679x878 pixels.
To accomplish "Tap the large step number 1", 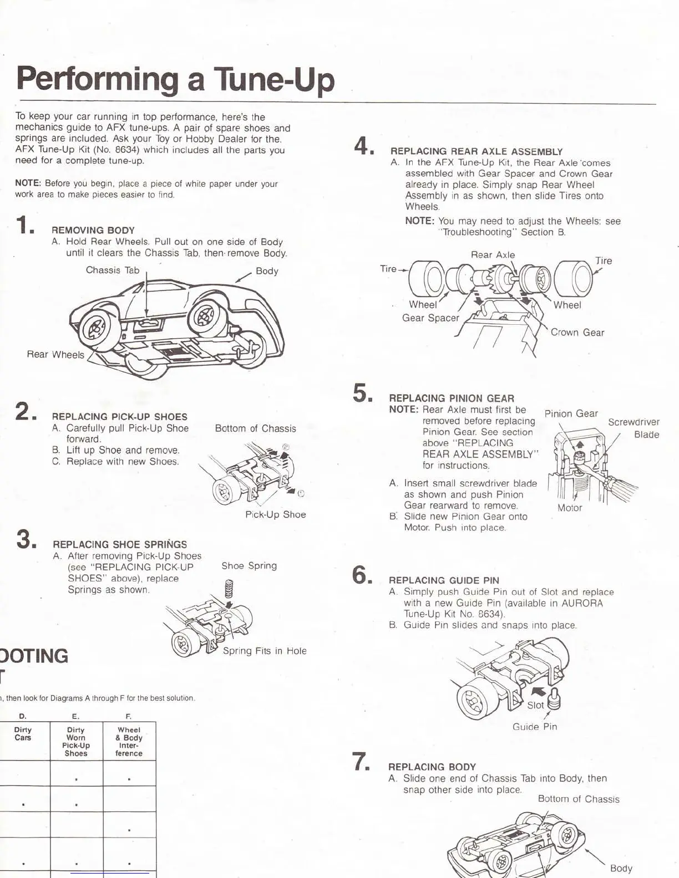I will click(26, 226).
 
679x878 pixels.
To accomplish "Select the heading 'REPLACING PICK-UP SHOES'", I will click(119, 417).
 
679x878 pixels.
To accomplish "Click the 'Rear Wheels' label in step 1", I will click(55, 354).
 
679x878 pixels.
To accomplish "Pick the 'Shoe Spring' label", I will click(249, 566).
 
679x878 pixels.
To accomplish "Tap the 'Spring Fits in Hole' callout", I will click(265, 651).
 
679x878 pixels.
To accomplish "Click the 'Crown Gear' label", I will click(577, 333).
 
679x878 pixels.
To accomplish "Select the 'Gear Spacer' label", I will click(430, 318).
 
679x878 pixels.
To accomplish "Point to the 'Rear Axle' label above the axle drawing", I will click(493, 255).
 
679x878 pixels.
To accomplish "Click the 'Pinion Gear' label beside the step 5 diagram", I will click(571, 414).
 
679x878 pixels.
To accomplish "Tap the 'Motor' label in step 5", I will click(570, 508).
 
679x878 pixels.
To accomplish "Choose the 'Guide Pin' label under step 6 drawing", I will click(535, 727).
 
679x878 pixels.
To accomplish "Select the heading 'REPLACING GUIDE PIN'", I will click(444, 580).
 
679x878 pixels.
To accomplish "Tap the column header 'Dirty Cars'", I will click(23, 734).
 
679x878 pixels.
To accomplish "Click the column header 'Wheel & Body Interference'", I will click(129, 742).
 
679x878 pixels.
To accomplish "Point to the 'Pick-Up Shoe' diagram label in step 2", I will click(275, 514).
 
